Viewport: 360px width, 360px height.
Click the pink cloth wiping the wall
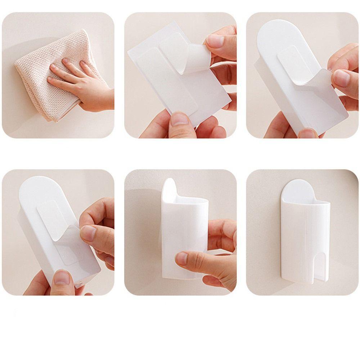[x=40, y=83]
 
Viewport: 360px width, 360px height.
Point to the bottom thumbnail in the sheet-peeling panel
[x=180, y=119]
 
